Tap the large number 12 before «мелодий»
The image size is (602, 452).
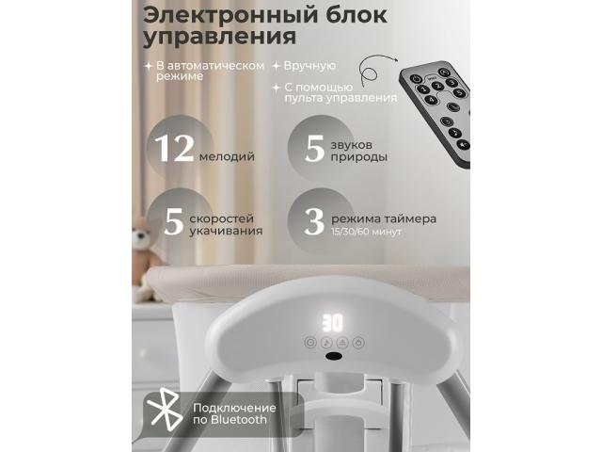pyautogui.click(x=174, y=149)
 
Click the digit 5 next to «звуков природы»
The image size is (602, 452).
pyautogui.click(x=315, y=149)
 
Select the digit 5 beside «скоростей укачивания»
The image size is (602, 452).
pyautogui.click(x=173, y=222)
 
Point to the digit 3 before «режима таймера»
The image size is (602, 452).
pyautogui.click(x=314, y=222)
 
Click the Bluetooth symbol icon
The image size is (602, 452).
pyautogui.click(x=166, y=409)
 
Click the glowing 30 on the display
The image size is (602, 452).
pyautogui.click(x=332, y=323)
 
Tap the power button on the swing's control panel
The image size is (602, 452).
pyautogui.click(x=358, y=342)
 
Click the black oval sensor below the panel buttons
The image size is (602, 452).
pyautogui.click(x=334, y=356)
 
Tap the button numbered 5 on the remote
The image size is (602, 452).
pyautogui.click(x=459, y=92)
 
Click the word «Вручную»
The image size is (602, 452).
pyautogui.click(x=309, y=66)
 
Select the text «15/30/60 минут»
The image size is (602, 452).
pyautogui.click(x=366, y=232)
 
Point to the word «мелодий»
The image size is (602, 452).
pyautogui.click(x=227, y=157)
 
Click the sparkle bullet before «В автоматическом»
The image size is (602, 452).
pyautogui.click(x=149, y=66)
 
